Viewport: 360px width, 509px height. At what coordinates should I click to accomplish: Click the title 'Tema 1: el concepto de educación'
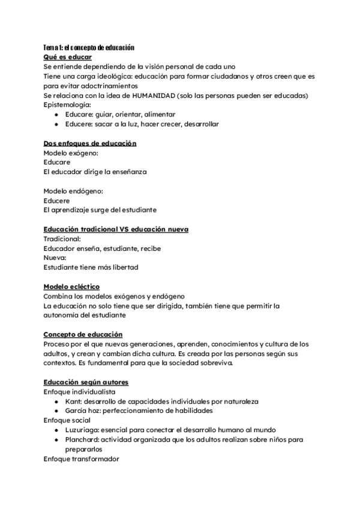[89, 47]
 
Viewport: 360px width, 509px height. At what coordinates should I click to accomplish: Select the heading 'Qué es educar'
[67, 57]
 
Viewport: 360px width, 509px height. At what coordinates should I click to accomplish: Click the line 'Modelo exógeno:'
[71, 153]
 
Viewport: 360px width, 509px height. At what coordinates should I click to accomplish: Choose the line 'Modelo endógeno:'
[73, 191]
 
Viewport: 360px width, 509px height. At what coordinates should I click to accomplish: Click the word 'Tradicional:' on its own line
[62, 239]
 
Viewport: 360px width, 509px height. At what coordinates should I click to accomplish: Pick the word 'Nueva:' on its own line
[55, 258]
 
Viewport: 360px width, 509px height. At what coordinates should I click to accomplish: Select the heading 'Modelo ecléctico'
[72, 287]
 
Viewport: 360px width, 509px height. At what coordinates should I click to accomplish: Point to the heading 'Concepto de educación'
[83, 334]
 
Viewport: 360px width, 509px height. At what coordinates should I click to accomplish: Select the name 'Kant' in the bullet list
[74, 401]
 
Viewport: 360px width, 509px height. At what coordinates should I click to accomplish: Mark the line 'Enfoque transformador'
[82, 459]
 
